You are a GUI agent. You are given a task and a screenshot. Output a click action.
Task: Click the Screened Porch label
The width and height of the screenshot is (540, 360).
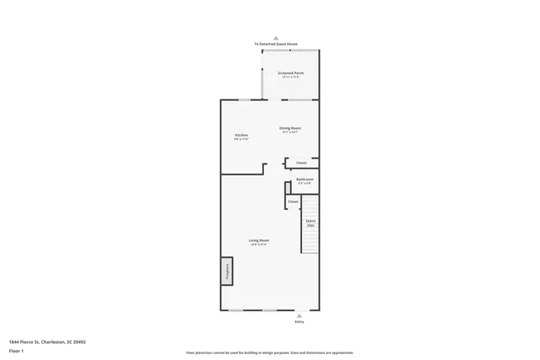click(x=291, y=73)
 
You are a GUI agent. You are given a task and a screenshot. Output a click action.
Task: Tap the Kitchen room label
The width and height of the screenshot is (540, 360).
click(x=241, y=136)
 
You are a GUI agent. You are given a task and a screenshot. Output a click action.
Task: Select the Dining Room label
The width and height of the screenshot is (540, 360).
click(x=290, y=128)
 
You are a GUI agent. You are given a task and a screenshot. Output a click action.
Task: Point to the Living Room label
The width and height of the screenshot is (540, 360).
click(x=259, y=240)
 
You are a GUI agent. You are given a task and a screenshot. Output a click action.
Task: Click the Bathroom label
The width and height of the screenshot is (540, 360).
click(x=305, y=179)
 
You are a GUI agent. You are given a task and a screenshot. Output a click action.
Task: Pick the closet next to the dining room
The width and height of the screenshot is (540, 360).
click(x=301, y=163)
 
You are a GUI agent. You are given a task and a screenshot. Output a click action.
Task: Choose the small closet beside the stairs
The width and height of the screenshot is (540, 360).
click(x=294, y=202)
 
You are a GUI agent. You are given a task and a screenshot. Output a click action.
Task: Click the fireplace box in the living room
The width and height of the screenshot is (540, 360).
click(x=227, y=271)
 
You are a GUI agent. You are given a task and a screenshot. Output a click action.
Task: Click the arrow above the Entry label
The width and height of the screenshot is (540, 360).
click(x=299, y=315)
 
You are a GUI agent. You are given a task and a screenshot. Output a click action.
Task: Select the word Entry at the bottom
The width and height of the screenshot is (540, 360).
click(x=299, y=322)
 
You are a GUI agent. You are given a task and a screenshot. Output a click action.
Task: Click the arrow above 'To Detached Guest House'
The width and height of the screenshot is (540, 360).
click(x=276, y=39)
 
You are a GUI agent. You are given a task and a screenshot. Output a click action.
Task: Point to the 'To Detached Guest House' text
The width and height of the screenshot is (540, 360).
click(x=276, y=44)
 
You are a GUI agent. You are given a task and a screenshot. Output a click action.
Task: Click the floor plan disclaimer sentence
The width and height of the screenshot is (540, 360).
click(x=269, y=352)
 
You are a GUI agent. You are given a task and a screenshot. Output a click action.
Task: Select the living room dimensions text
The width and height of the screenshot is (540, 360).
click(x=259, y=244)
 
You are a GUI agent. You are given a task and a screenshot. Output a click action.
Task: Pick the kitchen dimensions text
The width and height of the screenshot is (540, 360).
click(x=241, y=139)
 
